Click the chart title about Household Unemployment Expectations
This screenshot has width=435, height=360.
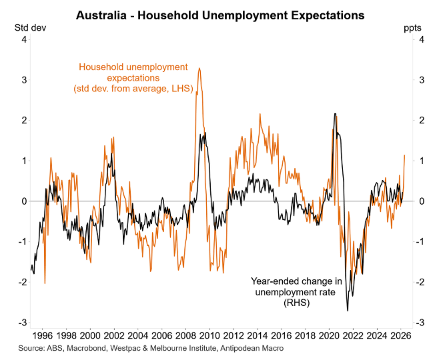pyautogui.click(x=220, y=14)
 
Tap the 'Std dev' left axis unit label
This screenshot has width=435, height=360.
pyautogui.click(x=27, y=28)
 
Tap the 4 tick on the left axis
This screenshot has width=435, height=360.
pyautogui.click(x=24, y=40)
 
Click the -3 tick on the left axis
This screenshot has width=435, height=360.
pyautogui.click(x=23, y=323)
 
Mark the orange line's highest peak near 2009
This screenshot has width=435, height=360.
pyautogui.click(x=199, y=68)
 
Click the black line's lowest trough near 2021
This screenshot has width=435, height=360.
pyautogui.click(x=348, y=310)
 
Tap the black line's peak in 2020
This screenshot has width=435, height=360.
pyautogui.click(x=334, y=114)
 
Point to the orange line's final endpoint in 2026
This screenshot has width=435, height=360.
pyautogui.click(x=405, y=155)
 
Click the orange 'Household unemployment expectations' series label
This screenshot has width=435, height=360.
pyautogui.click(x=133, y=78)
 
